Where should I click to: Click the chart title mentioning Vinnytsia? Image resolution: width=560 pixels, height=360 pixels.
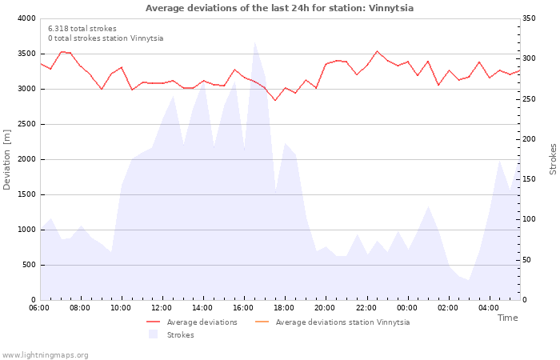click(x=279, y=8)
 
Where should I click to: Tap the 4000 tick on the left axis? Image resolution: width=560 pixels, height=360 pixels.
click(x=26, y=18)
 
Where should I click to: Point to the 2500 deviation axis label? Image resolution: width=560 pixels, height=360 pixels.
click(x=26, y=124)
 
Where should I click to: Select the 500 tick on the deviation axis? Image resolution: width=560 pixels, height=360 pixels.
click(x=29, y=265)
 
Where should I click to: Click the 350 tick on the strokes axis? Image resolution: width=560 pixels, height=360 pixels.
click(x=532, y=18)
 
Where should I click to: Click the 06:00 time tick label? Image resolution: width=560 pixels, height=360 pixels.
click(x=39, y=308)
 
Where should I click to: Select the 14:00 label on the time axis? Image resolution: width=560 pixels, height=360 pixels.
click(x=202, y=308)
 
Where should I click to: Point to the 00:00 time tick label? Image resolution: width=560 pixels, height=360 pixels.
click(x=407, y=308)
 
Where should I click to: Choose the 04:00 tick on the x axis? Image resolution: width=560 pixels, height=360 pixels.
click(x=489, y=308)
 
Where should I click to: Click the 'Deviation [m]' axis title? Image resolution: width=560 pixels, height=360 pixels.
click(x=8, y=158)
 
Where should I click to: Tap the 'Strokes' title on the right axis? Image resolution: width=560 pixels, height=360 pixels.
click(x=553, y=158)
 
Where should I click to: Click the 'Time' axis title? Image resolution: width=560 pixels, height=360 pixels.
click(x=507, y=318)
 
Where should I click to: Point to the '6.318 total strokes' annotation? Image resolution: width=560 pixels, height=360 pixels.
click(x=82, y=29)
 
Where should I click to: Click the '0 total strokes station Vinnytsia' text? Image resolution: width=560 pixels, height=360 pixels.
click(x=106, y=38)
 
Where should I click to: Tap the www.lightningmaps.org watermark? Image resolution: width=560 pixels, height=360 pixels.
click(x=46, y=354)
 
